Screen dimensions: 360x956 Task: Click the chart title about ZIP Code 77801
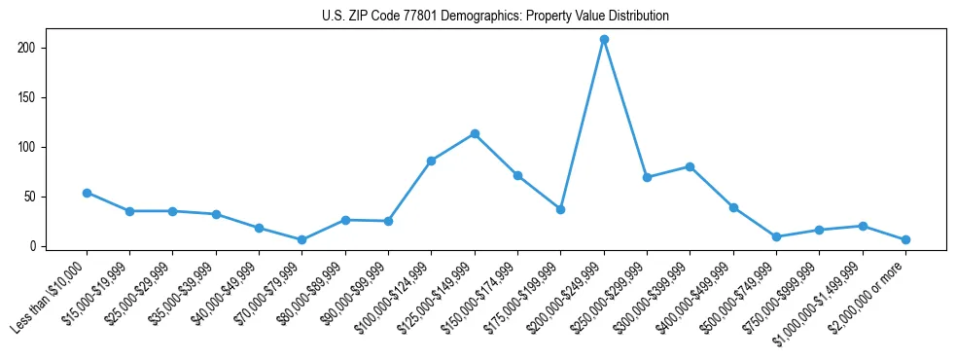pos(495,17)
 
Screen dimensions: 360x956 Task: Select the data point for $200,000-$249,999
pos(604,39)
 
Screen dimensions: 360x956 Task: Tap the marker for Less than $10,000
pos(87,193)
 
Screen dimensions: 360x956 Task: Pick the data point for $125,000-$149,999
pos(475,133)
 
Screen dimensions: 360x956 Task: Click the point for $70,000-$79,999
pos(301,239)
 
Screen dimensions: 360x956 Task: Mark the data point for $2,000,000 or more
pos(905,239)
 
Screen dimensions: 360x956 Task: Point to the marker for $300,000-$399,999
pos(690,166)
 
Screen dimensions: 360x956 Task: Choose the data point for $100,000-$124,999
pos(431,161)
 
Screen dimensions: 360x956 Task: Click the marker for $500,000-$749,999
pos(776,236)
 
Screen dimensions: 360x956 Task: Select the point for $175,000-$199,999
pos(560,209)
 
